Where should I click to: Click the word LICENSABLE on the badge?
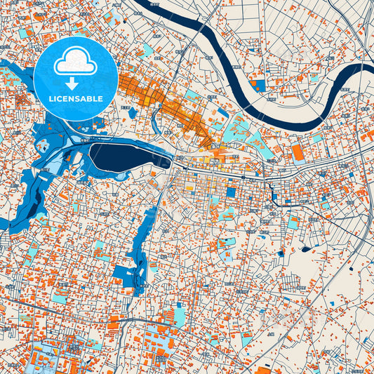[x=76, y=98]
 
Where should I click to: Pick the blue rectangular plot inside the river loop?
[x=260, y=86]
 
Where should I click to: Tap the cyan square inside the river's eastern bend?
[x=345, y=91]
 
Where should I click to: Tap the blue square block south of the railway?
[x=231, y=192]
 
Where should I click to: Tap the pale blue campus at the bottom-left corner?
[x=42, y=354]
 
